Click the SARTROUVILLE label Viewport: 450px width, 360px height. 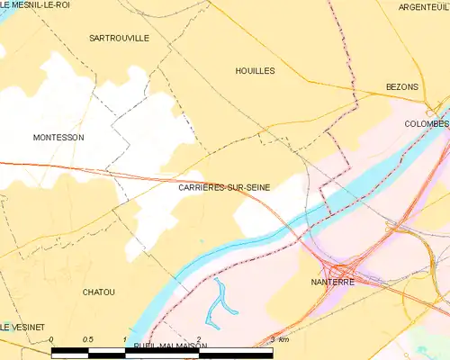120,39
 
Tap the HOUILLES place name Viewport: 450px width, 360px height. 255,70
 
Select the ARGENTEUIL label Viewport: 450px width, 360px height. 422,6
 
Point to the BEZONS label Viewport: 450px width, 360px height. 402,86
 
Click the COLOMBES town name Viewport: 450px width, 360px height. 426,123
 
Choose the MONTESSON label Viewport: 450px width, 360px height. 58,138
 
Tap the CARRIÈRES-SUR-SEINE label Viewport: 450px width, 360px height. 224,187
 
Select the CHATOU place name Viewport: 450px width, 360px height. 98,292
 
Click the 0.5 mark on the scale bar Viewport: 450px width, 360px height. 87,339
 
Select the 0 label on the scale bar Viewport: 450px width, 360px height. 52,339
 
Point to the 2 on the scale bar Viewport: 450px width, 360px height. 198,339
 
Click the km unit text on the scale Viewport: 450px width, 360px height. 283,339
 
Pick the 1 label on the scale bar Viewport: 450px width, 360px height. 124,339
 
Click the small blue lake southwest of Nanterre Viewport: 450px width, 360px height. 222,301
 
